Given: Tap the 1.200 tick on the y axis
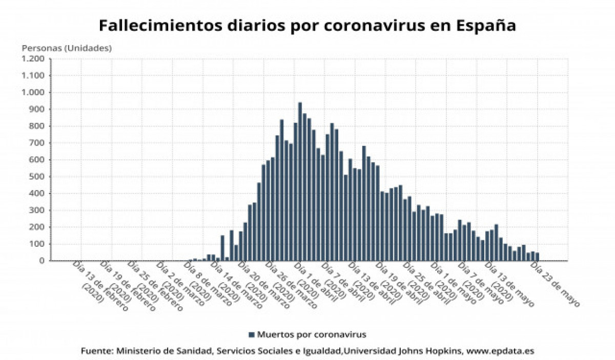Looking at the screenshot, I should (34, 59).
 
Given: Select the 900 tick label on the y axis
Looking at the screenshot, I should (38, 109).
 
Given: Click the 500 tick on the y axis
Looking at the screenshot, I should (38, 177).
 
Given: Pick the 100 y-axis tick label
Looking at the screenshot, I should (38, 244).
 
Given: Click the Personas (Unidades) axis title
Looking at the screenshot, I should (67, 48).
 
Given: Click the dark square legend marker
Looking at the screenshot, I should (252, 335).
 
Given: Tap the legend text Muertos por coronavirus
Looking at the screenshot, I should (312, 335).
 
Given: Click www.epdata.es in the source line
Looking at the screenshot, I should (501, 351).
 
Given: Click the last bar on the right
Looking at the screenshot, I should (537, 257).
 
